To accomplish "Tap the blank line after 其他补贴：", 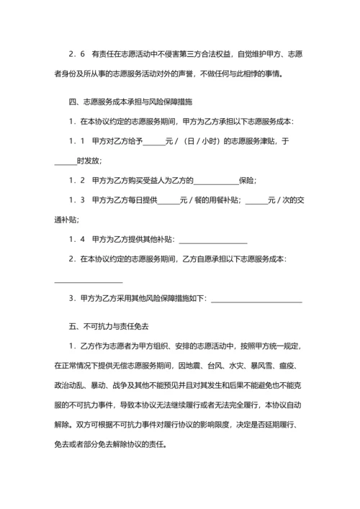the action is pos(213,239).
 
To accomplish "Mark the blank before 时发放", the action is pos(65,161).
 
